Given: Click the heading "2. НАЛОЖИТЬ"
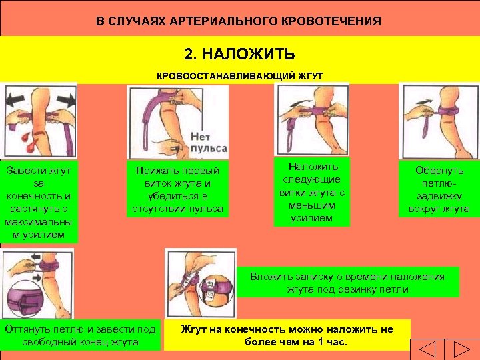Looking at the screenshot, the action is coord(239,53).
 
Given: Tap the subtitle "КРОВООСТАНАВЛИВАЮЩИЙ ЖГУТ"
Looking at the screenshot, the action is coord(239,76).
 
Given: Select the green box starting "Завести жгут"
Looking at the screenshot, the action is coord(39,201).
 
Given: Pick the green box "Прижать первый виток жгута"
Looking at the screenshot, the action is coord(176,189).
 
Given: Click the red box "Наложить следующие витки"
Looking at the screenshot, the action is coord(311,192).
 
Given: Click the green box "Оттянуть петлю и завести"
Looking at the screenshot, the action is coord(80,335).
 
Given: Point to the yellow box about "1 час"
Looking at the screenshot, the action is coord(287,335).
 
